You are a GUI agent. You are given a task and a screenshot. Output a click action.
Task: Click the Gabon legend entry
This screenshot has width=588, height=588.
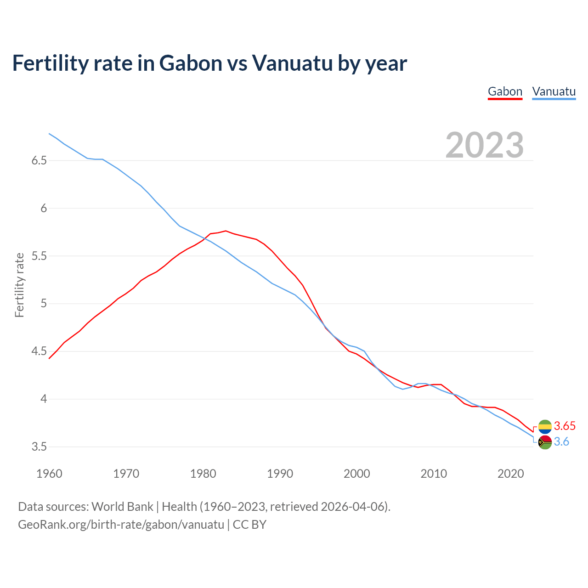pos(505,91)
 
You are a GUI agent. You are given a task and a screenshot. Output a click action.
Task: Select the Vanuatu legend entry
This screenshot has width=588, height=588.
pos(554,91)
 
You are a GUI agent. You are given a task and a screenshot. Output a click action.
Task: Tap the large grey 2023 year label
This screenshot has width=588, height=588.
pos(485,145)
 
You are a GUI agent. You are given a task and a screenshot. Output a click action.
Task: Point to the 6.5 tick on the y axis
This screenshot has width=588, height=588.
pos(39,161)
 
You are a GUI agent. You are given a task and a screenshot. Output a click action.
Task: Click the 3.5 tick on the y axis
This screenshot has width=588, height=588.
pos(39,447)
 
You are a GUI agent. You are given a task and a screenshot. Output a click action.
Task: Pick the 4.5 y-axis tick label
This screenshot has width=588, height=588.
pos(39,351)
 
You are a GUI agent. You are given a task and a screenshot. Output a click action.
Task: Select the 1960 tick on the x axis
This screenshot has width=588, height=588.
pos(49,474)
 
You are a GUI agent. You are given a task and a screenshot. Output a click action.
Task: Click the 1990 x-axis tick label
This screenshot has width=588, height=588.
pos(280,474)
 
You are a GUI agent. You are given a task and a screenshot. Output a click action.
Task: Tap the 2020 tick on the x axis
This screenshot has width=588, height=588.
pos(510,474)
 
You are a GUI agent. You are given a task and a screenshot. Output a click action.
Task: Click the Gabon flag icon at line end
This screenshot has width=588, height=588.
pos(544,426)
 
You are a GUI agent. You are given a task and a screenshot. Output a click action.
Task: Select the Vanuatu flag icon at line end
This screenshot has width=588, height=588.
pos(544,442)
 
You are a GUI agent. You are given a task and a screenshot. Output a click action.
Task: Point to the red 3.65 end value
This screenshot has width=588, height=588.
pos(565,426)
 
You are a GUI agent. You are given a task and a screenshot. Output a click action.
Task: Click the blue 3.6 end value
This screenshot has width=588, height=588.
pos(561,442)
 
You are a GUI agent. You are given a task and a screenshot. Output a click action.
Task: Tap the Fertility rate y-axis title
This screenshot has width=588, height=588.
pos(19,285)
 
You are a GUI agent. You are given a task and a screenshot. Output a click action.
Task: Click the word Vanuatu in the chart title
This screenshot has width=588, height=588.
pos(292,63)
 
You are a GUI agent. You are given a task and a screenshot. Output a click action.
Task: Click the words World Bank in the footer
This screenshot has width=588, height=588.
pos(122,507)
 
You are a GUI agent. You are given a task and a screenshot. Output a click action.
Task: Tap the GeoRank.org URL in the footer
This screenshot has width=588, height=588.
pos(121,525)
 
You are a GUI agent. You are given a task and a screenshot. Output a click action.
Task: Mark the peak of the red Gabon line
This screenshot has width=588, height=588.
pos(226,231)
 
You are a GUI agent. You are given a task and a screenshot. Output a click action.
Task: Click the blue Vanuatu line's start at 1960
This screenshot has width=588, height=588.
pos(49,134)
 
